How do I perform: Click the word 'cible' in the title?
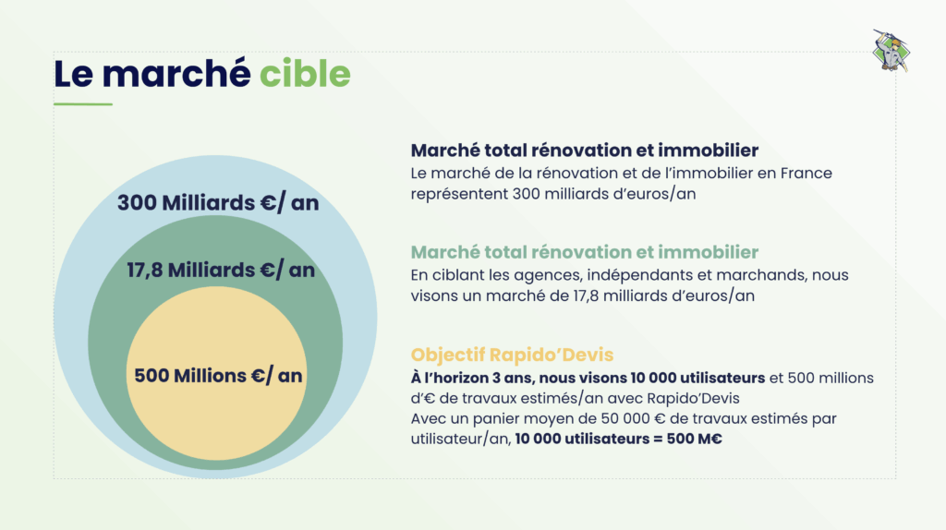pos(304,73)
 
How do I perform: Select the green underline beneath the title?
pos(82,104)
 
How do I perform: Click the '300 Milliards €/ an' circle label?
pos(218,203)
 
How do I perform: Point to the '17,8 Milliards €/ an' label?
pos(221,270)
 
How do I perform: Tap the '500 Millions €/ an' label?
pos(218,376)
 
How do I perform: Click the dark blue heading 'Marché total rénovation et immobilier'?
pos(585,150)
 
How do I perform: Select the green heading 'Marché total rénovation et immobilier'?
pos(585,252)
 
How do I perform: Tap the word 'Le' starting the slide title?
pos(74,73)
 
